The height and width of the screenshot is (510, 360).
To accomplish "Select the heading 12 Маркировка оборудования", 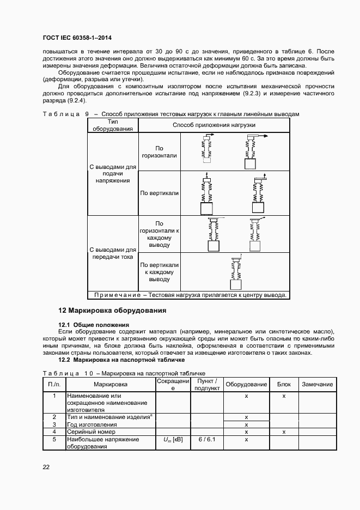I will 112,311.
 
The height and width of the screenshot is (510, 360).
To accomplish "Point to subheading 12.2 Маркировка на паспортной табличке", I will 122,360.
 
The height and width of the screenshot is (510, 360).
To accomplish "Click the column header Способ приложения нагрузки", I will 213,125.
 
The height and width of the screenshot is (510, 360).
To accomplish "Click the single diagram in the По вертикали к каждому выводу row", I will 235,272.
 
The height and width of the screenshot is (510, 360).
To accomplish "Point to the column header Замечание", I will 317,384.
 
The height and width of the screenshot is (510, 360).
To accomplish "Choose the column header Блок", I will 284,384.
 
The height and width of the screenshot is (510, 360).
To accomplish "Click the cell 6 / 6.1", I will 207,439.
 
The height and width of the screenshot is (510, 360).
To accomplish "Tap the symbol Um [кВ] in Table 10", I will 173,439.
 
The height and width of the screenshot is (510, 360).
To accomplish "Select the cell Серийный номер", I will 89,432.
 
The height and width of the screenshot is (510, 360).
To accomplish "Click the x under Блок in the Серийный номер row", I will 284,432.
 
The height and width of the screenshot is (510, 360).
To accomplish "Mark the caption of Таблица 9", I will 170,114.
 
